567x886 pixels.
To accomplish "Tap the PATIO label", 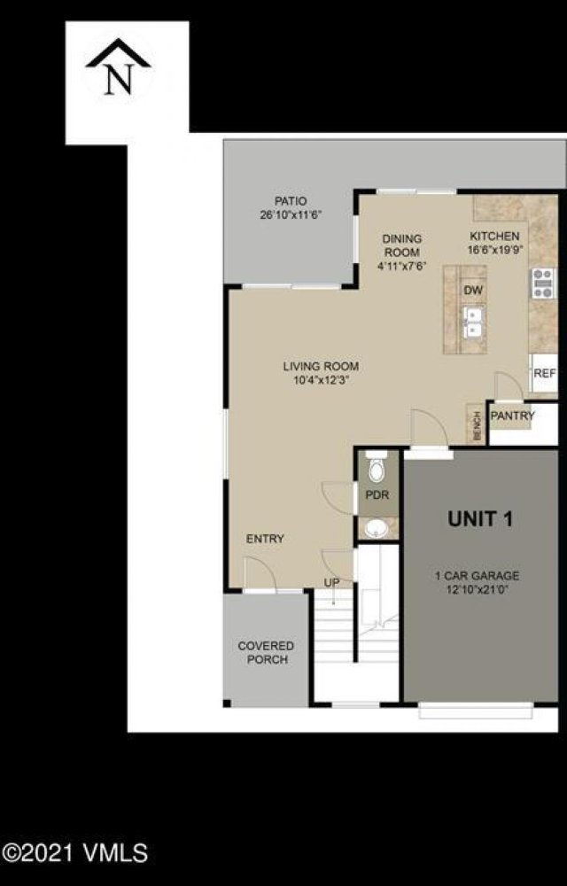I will [290, 201].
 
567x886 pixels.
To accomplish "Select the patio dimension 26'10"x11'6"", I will [290, 214].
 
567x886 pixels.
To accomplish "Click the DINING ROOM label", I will [401, 245].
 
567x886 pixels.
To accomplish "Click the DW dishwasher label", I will [472, 290].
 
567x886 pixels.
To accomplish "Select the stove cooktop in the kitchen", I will [540, 285].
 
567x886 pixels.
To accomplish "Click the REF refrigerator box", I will [544, 375].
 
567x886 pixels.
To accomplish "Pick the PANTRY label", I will [513, 415].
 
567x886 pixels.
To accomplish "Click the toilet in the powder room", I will [377, 467].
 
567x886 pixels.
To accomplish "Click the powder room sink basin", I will [377, 529].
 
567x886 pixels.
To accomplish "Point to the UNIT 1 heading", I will [480, 519].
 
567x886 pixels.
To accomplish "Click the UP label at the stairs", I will [331, 582].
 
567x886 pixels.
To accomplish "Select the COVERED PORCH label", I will [266, 653].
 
